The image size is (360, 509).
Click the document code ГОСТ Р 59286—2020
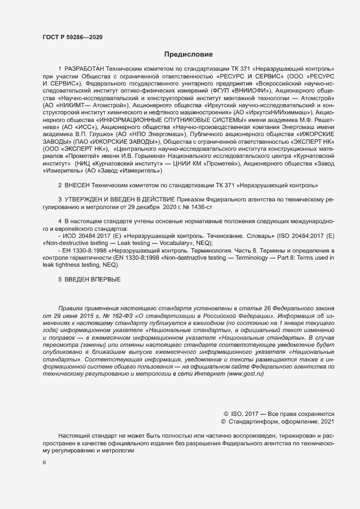pos(72,37)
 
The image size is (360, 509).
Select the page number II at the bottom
pos(45,463)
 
